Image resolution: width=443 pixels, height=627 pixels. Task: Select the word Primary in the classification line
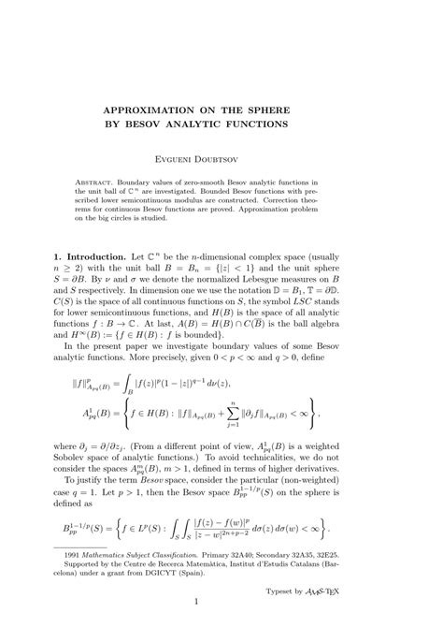pyautogui.click(x=238, y=556)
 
